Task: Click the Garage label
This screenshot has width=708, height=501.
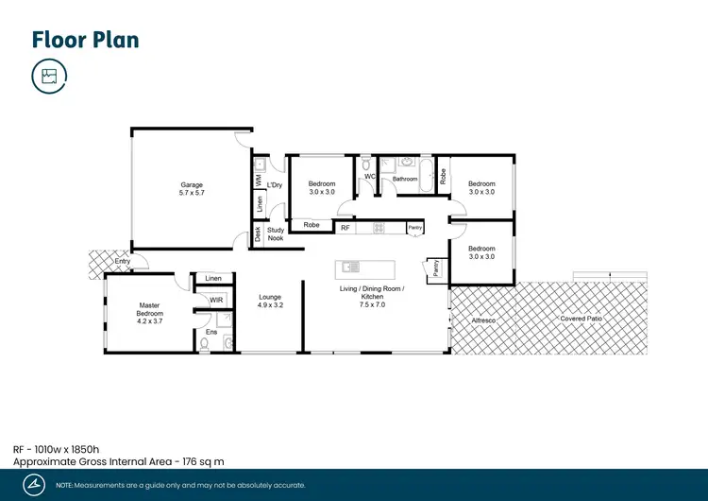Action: [192, 184]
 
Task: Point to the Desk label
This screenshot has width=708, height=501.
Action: [257, 235]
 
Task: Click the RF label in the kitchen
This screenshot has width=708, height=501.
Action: [346, 228]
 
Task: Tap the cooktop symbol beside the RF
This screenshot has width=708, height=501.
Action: [378, 228]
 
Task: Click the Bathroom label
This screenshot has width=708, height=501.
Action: [405, 178]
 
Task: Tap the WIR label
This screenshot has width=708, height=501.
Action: [216, 300]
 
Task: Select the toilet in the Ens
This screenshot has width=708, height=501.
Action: [206, 344]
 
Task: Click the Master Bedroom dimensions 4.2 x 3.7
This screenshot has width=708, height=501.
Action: [149, 321]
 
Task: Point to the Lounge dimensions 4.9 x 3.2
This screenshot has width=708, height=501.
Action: [271, 305]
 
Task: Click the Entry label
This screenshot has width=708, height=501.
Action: [123, 262]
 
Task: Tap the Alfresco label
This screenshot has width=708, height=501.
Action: [483, 321]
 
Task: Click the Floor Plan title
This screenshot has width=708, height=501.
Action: [85, 39]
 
